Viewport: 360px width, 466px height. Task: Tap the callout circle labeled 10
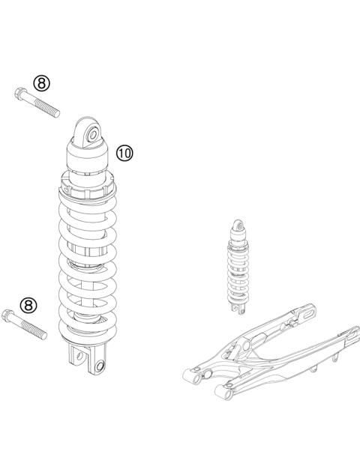[124, 153]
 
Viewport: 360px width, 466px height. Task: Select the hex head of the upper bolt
[18, 94]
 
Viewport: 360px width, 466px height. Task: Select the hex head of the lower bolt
[8, 317]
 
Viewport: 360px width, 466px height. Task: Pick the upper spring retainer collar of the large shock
[88, 184]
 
